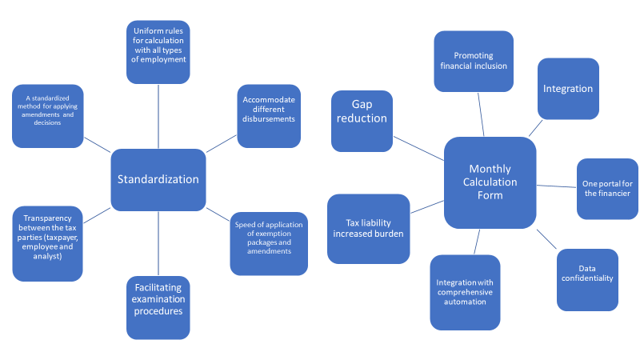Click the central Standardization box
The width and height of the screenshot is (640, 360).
pos(158,179)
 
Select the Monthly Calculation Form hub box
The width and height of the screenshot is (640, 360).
pos(490,182)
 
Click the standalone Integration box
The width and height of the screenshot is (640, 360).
pos(568,89)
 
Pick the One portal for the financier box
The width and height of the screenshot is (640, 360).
pos(607,189)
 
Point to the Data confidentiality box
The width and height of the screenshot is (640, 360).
pos(586,279)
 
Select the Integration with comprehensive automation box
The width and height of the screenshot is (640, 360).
pos(465,292)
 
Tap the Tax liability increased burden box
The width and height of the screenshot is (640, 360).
pos(369,228)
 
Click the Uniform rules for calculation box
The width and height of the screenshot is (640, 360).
pos(158,53)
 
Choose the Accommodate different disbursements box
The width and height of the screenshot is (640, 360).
pos(269,116)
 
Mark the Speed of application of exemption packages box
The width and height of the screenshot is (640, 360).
pos(269,243)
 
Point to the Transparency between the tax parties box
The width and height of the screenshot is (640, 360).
pos(47,243)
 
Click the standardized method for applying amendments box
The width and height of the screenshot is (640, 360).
pos(47,117)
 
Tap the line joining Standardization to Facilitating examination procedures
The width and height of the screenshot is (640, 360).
pos(158,243)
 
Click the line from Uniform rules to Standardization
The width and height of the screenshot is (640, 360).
pos(158,116)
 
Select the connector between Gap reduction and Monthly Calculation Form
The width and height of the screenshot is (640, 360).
pos(418,147)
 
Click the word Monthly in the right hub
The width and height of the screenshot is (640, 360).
pos(490,169)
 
